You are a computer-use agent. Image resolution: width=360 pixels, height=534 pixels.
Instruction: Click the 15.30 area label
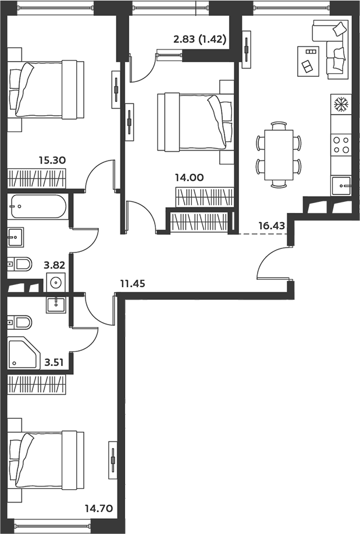click(x=52, y=160)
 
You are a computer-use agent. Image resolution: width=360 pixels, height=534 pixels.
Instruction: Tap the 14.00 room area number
click(x=190, y=177)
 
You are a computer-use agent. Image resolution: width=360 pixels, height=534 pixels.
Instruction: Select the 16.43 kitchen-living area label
click(x=272, y=226)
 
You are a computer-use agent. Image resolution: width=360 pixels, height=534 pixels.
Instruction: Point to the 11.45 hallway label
click(x=133, y=283)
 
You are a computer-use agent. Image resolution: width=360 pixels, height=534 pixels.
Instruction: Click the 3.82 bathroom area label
click(x=54, y=265)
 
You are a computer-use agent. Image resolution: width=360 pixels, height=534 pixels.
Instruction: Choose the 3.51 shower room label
click(x=54, y=362)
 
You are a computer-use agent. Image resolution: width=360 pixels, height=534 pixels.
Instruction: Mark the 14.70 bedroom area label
click(x=99, y=509)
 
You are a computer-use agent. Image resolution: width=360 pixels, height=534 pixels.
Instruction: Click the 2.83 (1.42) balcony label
click(x=200, y=40)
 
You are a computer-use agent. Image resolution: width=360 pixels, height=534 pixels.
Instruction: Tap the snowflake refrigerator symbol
click(x=341, y=105)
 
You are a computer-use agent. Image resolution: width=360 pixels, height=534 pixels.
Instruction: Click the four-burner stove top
click(x=341, y=145)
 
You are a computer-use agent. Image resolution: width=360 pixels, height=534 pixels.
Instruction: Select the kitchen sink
click(x=341, y=186)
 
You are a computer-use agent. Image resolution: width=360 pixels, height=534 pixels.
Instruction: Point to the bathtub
click(x=38, y=207)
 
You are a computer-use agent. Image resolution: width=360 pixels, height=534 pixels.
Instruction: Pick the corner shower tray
click(x=24, y=353)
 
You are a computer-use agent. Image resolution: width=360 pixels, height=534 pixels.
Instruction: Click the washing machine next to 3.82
click(x=55, y=282)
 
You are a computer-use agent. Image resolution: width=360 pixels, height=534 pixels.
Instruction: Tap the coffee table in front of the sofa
click(x=308, y=61)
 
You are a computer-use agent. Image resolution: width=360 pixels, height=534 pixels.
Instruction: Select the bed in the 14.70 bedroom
click(x=46, y=460)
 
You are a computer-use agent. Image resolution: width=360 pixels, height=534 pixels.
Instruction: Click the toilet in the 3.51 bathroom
click(x=19, y=322)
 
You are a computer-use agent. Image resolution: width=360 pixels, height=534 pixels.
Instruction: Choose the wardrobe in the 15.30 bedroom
click(x=37, y=178)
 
